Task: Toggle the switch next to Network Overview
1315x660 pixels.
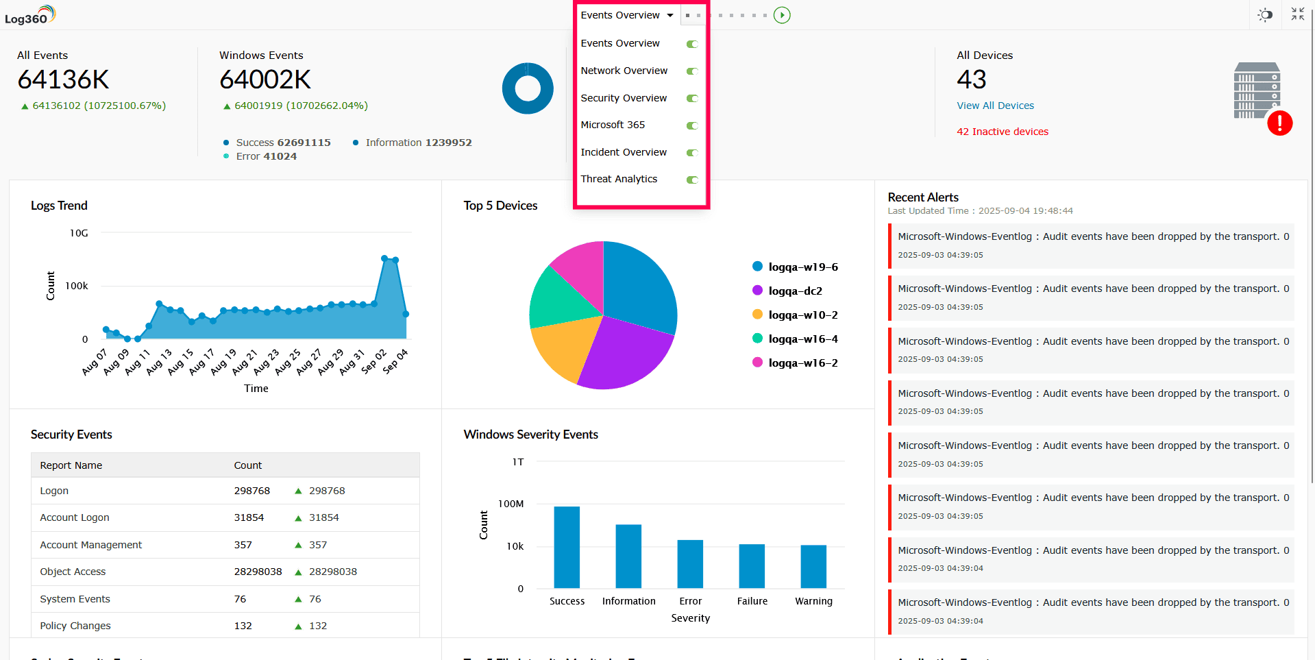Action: [x=692, y=71]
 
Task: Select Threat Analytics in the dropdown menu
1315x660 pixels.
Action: [x=619, y=179]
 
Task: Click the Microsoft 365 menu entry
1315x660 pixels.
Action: [x=613, y=125]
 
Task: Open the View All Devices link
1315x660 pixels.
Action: [x=995, y=106]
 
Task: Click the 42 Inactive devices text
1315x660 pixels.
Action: [x=1002, y=132]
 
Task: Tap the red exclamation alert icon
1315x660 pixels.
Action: [x=1279, y=123]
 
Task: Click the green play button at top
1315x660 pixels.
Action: [x=782, y=15]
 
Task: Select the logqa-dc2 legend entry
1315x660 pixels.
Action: [x=795, y=291]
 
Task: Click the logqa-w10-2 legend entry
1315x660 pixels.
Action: [x=802, y=315]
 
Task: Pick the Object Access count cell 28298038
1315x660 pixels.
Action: [x=258, y=572]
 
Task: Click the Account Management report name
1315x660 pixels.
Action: [x=91, y=545]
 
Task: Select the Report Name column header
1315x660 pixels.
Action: [x=71, y=465]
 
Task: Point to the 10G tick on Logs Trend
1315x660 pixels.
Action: [x=79, y=233]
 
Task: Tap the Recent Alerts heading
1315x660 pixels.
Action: [x=923, y=197]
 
